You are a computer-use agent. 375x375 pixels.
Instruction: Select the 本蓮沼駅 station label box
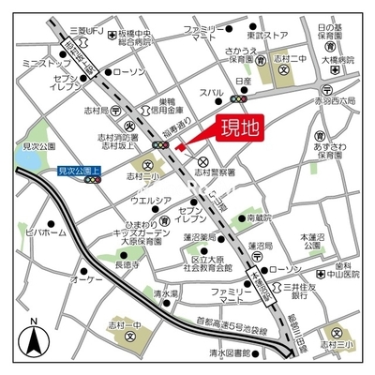252,279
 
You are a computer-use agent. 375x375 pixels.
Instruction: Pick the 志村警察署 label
220,172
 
